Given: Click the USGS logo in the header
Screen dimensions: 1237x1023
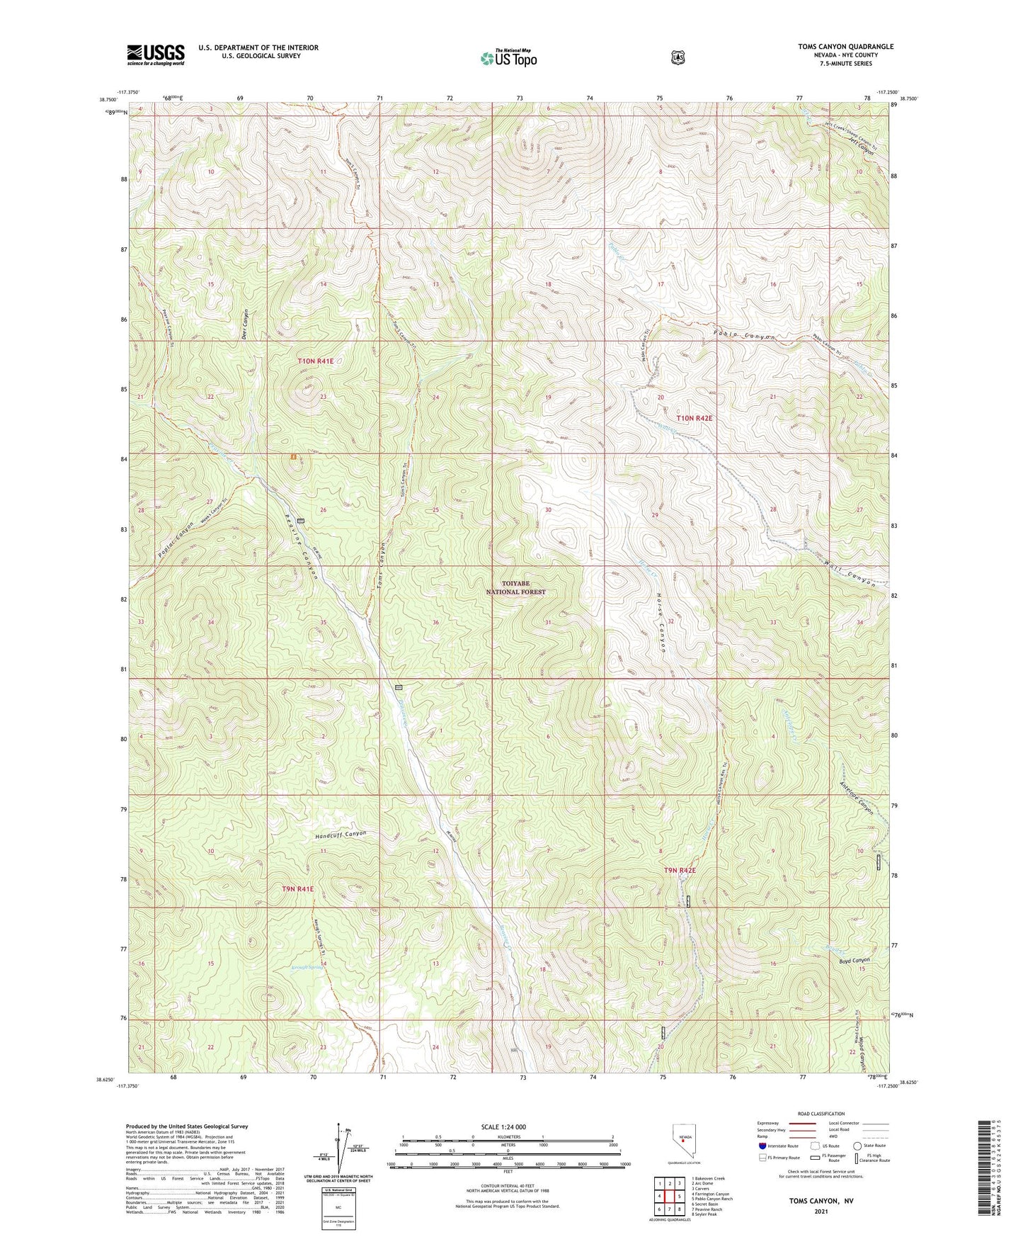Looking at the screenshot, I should click(155, 55).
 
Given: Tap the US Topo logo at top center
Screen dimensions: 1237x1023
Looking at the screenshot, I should click(508, 58).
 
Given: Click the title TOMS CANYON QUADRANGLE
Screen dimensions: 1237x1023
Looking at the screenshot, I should click(845, 47).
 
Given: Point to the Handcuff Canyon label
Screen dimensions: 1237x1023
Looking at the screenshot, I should click(341, 835).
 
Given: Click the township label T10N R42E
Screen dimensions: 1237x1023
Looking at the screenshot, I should click(694, 418).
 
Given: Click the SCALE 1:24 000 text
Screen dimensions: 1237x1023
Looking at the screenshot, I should click(503, 1126).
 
